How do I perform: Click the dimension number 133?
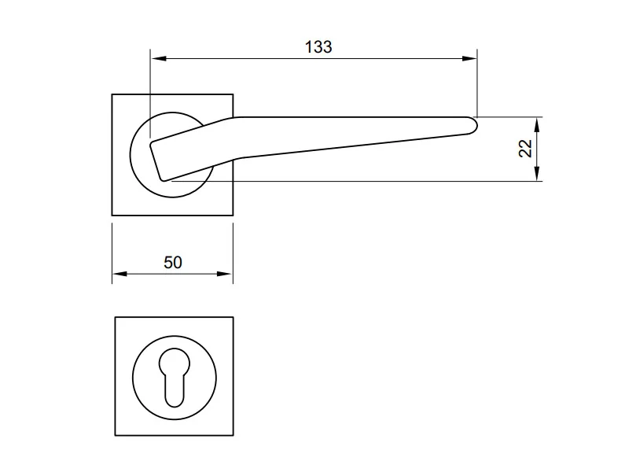pyautogui.click(x=318, y=47)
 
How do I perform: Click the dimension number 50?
pyautogui.click(x=173, y=263)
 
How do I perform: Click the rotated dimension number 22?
pyautogui.click(x=525, y=149)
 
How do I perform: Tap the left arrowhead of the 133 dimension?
pyautogui.click(x=159, y=58)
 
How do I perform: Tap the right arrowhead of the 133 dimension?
pyautogui.click(x=469, y=58)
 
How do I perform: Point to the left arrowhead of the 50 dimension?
pyautogui.click(x=120, y=274)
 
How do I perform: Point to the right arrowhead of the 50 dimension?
pyautogui.click(x=225, y=274)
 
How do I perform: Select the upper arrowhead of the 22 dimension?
pyautogui.click(x=537, y=125)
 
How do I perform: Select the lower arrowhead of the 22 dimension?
pyautogui.click(x=537, y=173)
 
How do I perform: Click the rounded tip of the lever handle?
pyautogui.click(x=476, y=125)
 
